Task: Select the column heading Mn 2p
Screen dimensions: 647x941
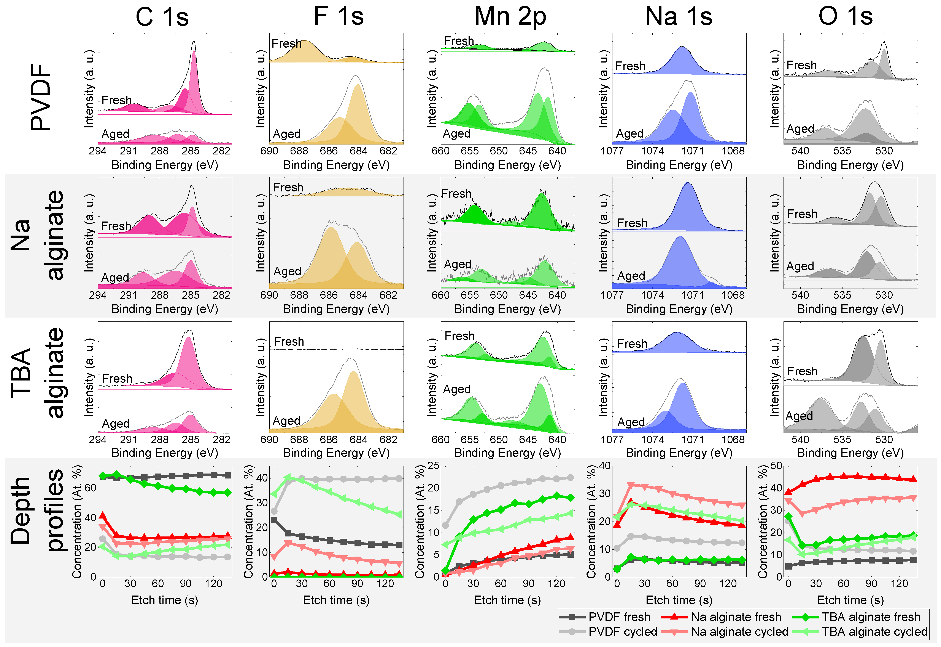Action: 510,17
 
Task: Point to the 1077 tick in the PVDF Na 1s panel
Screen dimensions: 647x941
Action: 612,151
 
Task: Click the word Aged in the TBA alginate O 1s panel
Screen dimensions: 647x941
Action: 799,416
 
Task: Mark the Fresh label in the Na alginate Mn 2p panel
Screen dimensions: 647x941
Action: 456,194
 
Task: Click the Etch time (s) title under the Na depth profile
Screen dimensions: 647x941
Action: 679,600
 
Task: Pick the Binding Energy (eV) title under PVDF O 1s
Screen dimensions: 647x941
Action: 850,165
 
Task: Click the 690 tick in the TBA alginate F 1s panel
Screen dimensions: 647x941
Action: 269,439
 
